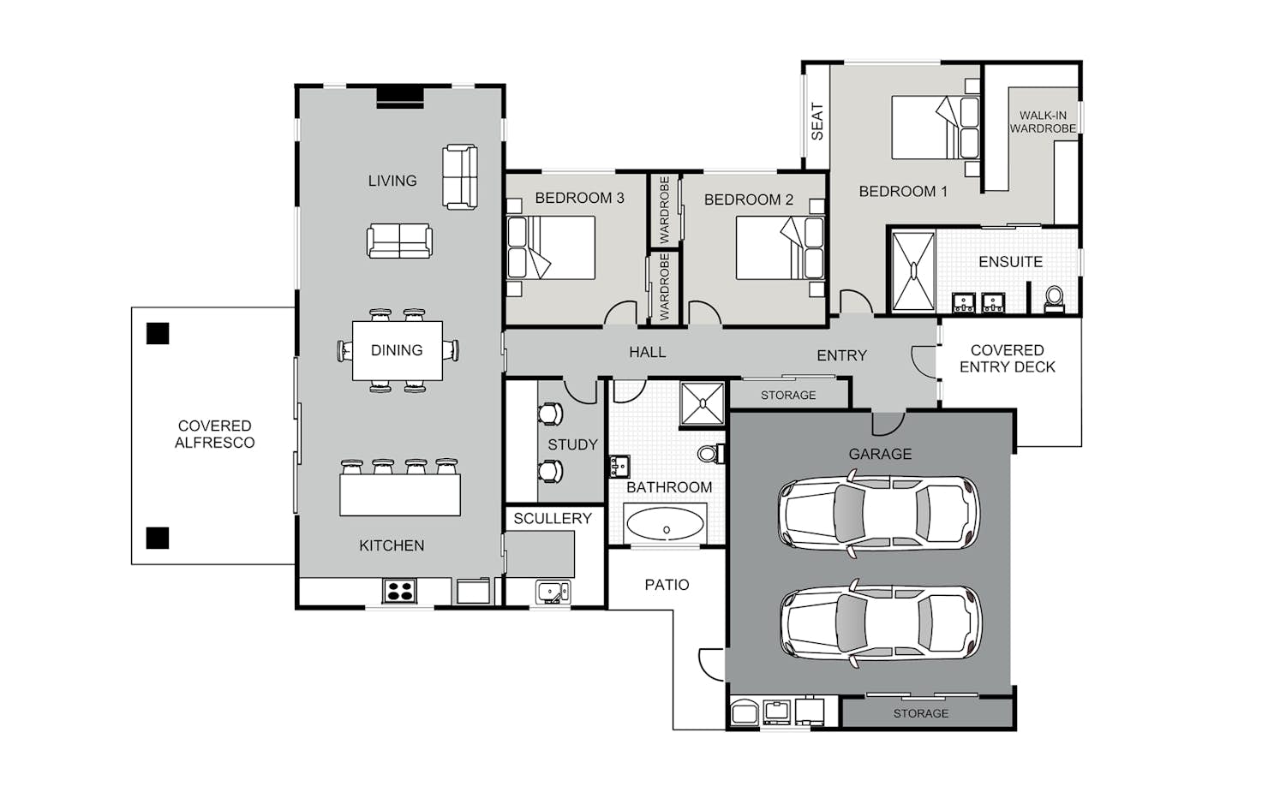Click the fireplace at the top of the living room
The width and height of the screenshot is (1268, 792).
pos(400,96)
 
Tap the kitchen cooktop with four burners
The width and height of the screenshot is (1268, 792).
pos(399,591)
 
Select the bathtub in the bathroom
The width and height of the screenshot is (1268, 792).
pos(665,523)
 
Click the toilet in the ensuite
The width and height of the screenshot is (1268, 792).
pos(1054,300)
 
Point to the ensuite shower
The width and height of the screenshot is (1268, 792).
pos(913,271)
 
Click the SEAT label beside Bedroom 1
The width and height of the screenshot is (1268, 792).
pos(816,122)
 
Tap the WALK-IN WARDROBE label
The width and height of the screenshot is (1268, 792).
pos(1043,122)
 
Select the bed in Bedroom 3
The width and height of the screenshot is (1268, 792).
pos(551,247)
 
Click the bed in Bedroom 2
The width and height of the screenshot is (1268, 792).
pos(780,247)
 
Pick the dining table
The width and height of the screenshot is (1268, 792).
pos(398,351)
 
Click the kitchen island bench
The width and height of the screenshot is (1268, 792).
pos(399,495)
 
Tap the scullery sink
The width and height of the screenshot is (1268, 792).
pos(553,592)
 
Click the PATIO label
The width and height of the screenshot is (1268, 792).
pos(667,585)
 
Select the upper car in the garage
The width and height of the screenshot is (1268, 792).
pos(878,513)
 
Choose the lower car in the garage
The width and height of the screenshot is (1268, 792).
pos(881,622)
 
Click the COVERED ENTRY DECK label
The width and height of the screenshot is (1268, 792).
pos(1007,359)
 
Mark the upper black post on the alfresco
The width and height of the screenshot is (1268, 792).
pos(158,333)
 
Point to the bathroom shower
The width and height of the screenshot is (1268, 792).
pos(703,403)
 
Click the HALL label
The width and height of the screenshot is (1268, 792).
pos(647,353)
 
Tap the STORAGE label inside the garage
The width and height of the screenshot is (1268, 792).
pos(920,713)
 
